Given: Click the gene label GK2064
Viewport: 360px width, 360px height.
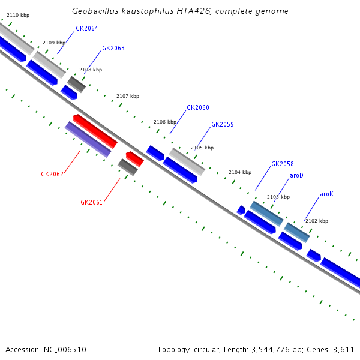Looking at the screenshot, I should (x=87, y=28).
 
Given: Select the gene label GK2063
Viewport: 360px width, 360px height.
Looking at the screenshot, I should (x=113, y=48).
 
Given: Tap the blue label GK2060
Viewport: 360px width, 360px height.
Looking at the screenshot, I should (x=198, y=107).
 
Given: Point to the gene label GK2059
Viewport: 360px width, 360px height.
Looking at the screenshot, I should (x=223, y=125).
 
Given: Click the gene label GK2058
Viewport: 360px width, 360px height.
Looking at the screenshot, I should (x=283, y=164).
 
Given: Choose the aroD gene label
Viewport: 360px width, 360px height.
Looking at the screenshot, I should (x=296, y=175).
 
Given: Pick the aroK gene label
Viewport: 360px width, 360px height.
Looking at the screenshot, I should (x=326, y=194).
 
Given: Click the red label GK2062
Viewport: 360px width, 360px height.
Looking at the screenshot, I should (x=52, y=174).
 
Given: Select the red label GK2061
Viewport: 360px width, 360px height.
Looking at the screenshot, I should (x=92, y=202).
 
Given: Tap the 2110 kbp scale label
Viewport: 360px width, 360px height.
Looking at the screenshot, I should (x=17, y=14).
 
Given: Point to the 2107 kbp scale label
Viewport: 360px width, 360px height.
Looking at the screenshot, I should (x=128, y=96).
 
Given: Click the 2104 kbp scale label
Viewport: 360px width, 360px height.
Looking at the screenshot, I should (x=240, y=172).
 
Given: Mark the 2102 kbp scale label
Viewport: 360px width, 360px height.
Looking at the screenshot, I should (x=317, y=221).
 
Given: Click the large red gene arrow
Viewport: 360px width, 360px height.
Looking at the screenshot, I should (x=95, y=131).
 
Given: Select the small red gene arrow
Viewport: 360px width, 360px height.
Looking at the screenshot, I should (x=134, y=158).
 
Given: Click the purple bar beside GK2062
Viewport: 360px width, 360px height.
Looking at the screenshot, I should (x=88, y=139).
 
